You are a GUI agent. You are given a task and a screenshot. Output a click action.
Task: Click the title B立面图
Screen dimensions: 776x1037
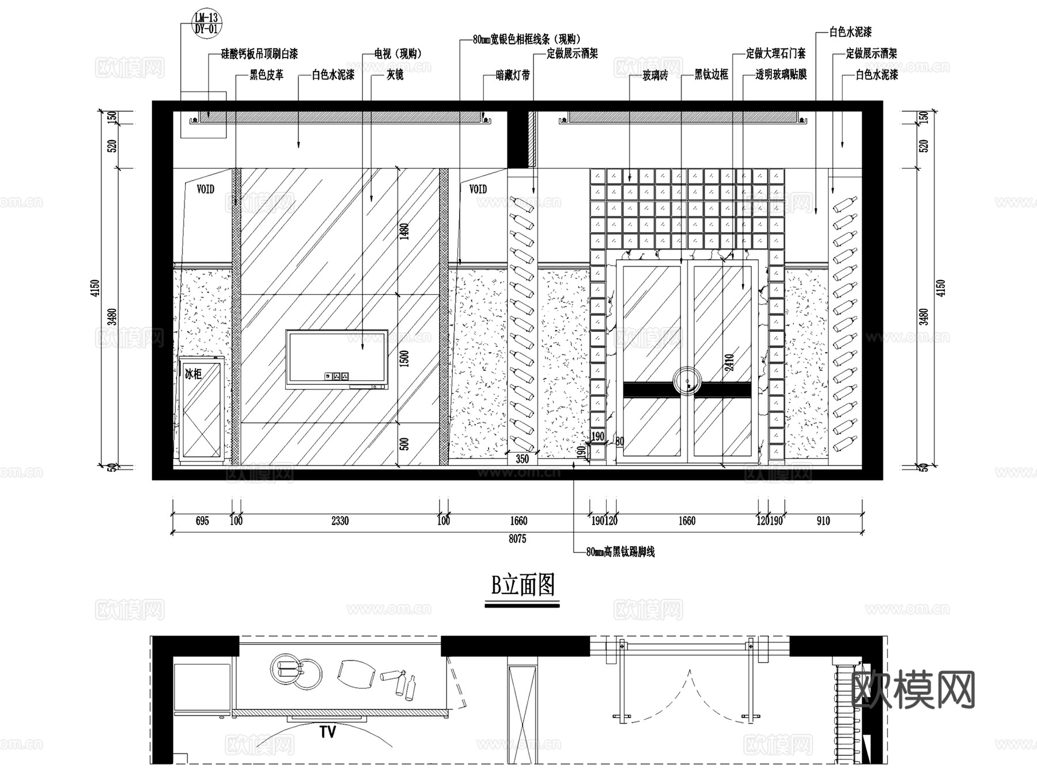coord(523,586)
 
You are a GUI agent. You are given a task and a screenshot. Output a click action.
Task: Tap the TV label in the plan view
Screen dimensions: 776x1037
coord(327,732)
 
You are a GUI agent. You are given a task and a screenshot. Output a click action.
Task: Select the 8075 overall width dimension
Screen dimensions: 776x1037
coord(517,539)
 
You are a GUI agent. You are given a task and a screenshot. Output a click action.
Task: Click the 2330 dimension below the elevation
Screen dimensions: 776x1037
coord(340,521)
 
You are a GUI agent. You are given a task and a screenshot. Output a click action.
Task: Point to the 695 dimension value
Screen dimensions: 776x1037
coord(202,521)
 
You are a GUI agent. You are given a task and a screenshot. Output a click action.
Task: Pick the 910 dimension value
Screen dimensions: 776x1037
coord(823,521)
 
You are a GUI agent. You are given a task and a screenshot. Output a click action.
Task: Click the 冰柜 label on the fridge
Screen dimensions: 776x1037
coord(193,374)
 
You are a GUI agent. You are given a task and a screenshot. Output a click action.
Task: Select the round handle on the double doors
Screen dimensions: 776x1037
coord(687,381)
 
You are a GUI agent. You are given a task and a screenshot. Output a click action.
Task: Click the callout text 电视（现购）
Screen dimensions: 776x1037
coord(398,54)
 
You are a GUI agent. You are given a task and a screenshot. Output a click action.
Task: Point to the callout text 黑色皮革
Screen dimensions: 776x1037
coord(266,75)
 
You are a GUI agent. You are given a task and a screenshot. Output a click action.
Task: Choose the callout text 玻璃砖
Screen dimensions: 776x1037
coord(655,75)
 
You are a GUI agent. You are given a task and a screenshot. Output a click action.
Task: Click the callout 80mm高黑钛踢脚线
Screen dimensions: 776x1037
coord(620,552)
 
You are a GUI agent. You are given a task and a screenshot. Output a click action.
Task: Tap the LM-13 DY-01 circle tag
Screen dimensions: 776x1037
coord(206,23)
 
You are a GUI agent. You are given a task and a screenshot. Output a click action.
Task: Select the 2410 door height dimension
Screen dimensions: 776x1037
coord(729,362)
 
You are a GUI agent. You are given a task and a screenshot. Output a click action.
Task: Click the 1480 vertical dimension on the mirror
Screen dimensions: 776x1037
coord(404,232)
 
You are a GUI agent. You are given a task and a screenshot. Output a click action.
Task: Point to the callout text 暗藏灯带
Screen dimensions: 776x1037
coord(513,75)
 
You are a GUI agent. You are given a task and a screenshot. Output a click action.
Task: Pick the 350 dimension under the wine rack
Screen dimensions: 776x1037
coord(522,459)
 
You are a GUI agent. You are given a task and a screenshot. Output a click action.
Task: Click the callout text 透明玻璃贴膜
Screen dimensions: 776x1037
coord(781,75)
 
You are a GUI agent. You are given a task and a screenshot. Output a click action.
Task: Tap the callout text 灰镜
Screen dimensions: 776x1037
coord(395,75)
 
